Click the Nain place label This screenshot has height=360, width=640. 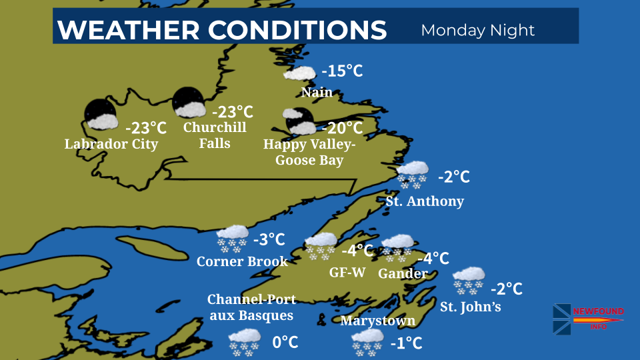click(x=317, y=92)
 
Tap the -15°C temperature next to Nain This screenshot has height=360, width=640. click(x=342, y=71)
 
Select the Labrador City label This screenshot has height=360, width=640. click(x=111, y=144)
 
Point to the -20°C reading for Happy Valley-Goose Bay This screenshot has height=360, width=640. click(x=342, y=127)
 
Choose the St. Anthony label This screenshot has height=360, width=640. click(x=425, y=201)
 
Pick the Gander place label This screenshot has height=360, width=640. click(x=403, y=273)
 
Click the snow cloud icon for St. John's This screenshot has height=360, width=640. click(x=469, y=280)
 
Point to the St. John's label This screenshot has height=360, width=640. click(x=470, y=307)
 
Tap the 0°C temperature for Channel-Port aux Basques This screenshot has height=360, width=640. click(x=285, y=342)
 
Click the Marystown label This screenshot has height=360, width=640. click(x=377, y=321)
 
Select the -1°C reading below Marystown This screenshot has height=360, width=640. click(x=407, y=343)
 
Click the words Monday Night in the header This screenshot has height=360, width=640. click(x=478, y=30)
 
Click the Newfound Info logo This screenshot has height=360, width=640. click(x=587, y=319)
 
